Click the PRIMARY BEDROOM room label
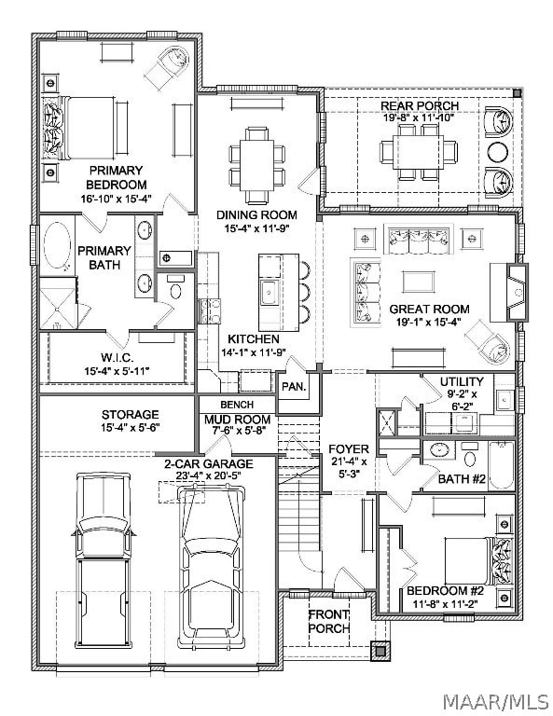[116, 178]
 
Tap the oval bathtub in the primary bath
[57, 245]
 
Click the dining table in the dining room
[256, 164]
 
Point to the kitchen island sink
[269, 290]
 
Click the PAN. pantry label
[294, 386]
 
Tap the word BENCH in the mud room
[237, 404]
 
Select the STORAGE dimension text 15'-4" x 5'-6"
[131, 427]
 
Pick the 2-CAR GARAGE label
[209, 464]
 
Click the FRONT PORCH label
[329, 621]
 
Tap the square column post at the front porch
[380, 651]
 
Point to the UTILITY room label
[462, 381]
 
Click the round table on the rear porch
[498, 152]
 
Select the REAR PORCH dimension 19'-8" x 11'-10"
[419, 117]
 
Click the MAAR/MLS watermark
[496, 700]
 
